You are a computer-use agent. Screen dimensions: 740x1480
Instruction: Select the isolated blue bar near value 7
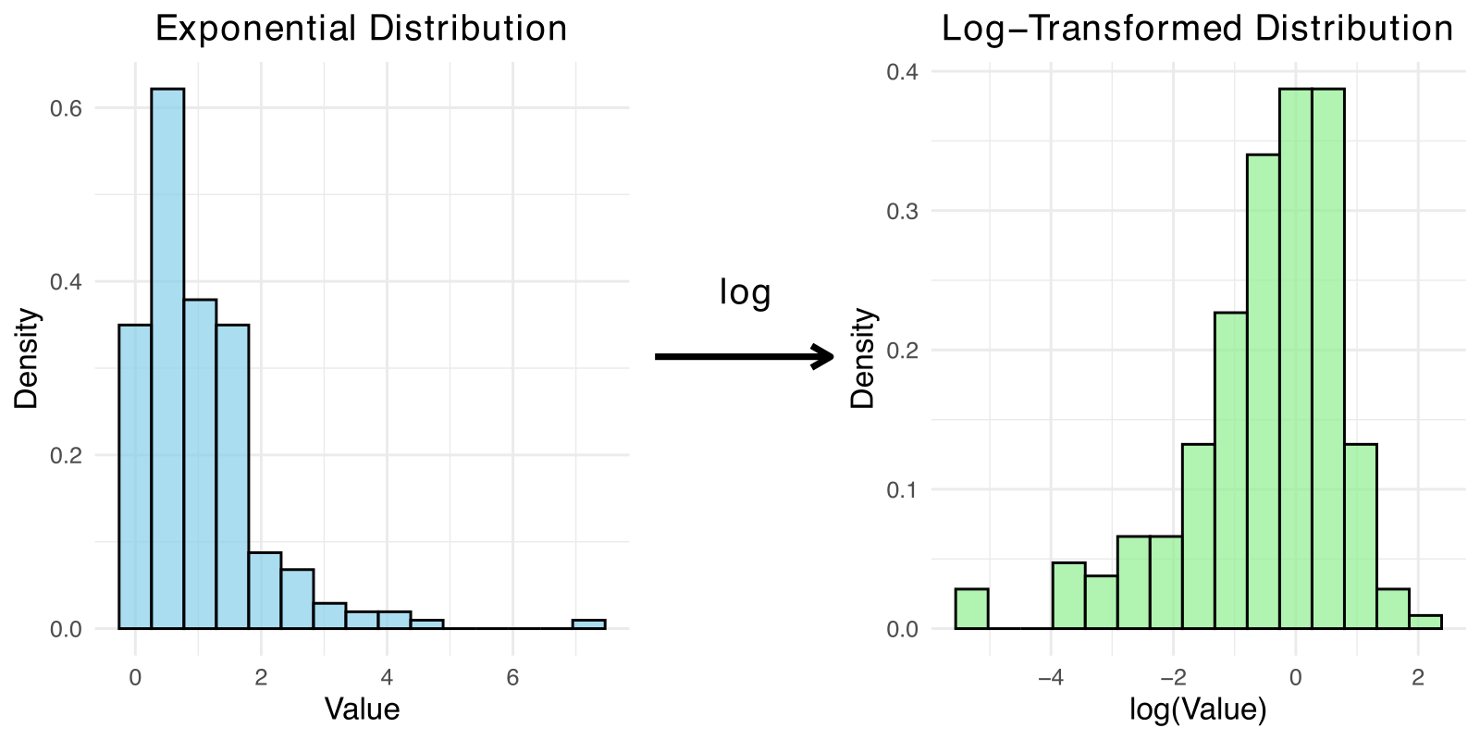(588, 624)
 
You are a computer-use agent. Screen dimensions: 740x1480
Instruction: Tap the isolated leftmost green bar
(971, 609)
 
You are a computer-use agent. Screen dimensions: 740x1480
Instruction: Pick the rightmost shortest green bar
(1425, 622)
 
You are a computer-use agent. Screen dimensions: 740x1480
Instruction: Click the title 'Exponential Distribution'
(361, 29)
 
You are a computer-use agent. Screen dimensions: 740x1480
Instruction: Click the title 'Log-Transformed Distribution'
(1197, 29)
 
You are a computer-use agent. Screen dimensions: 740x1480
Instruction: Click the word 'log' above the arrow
(745, 292)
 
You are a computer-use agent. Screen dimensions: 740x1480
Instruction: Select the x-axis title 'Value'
(362, 709)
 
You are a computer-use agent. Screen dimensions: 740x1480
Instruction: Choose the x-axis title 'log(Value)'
(1198, 709)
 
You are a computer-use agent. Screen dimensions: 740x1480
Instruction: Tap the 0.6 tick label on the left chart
(66, 108)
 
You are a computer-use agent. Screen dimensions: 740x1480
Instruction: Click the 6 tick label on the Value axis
(512, 677)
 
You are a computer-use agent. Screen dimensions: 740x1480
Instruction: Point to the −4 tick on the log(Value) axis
(1050, 677)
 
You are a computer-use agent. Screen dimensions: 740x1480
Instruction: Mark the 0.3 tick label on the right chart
(902, 211)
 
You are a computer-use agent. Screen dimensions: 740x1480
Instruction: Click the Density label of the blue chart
(28, 358)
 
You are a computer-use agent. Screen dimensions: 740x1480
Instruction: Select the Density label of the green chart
(863, 358)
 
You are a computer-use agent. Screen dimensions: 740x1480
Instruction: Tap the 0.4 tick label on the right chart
(902, 72)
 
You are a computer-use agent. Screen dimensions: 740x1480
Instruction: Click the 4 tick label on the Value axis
(387, 677)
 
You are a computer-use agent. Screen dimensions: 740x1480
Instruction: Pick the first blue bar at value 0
(135, 476)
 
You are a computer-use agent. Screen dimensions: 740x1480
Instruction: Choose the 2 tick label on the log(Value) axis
(1418, 677)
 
